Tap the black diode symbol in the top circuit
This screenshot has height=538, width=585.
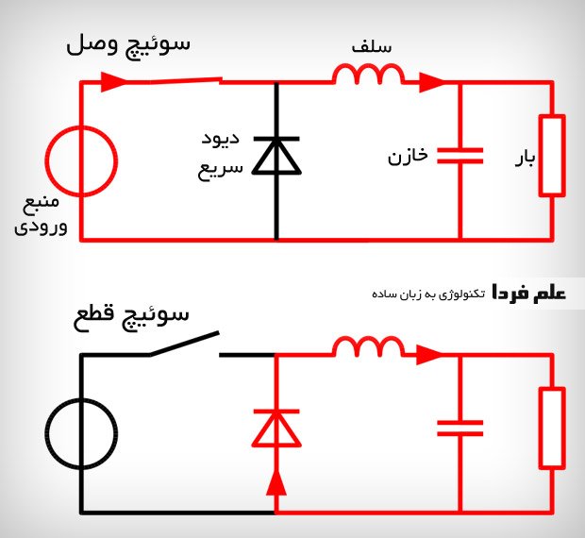[x=276, y=156]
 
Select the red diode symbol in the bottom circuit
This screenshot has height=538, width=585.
[x=276, y=429]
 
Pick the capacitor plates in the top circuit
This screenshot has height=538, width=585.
[x=460, y=156]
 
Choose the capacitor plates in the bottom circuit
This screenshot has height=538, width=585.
[x=460, y=429]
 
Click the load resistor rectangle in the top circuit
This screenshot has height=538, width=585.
[x=541, y=156]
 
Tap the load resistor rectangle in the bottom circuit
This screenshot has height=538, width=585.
[x=541, y=428]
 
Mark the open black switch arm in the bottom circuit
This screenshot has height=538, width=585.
[x=184, y=344]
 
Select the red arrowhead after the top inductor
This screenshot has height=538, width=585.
[x=432, y=82]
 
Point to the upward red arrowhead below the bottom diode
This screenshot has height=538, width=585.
[x=276, y=482]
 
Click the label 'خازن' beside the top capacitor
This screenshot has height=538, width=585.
[x=408, y=156]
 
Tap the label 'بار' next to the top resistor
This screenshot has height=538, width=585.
[x=525, y=158]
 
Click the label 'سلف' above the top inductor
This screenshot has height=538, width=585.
[x=372, y=47]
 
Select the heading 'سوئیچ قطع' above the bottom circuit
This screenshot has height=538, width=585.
[x=131, y=318]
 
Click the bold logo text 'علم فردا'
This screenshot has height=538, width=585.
[x=529, y=293]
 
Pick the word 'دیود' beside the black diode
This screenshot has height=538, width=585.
[x=221, y=139]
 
